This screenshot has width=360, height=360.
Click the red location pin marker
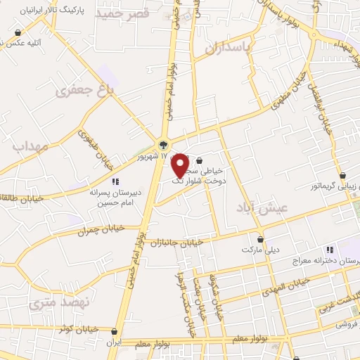pyautogui.click(x=180, y=165)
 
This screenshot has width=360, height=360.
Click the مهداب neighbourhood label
pyautogui.click(x=29, y=147)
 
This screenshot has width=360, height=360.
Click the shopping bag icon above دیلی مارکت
pyautogui.click(x=261, y=238)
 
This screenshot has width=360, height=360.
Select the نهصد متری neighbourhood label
pyautogui.click(x=61, y=303)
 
